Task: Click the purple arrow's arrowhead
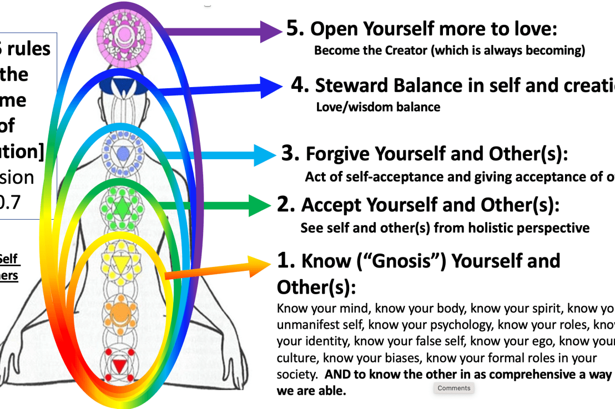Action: pos(271,31)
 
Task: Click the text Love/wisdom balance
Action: pos(378,107)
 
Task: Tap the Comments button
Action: pos(453,388)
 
